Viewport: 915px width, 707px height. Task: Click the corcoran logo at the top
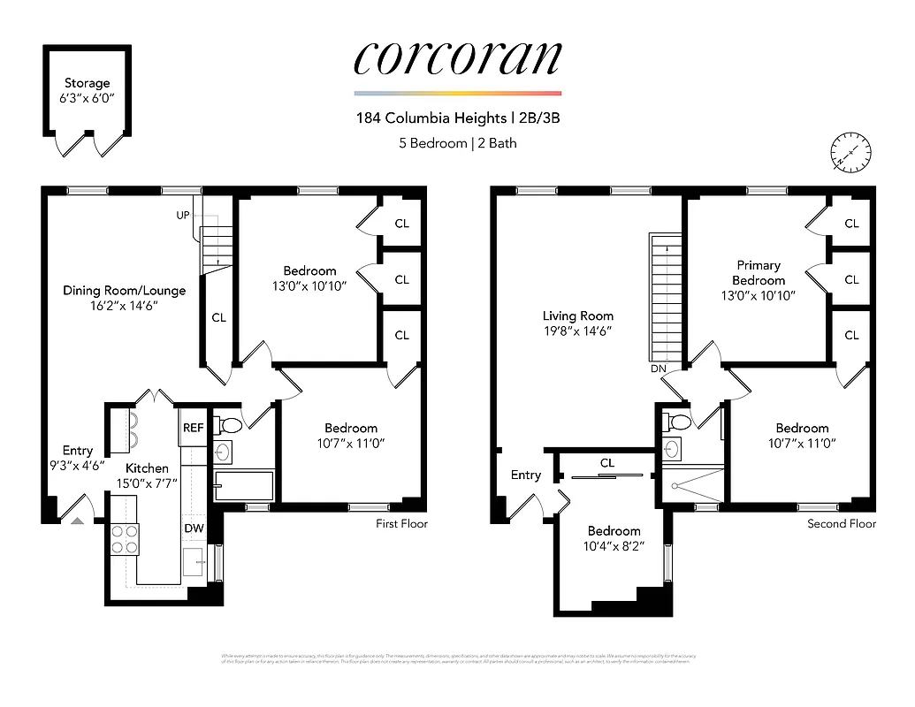click(x=457, y=57)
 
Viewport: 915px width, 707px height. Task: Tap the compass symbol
click(x=851, y=152)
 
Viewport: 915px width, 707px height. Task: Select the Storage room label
click(x=87, y=83)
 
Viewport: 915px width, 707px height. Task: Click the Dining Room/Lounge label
click(x=124, y=290)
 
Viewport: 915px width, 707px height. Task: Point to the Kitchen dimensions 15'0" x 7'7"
click(x=146, y=483)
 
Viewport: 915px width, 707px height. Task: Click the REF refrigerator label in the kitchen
click(x=193, y=428)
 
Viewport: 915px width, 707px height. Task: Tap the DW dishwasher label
click(x=194, y=528)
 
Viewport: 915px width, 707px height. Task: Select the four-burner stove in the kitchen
click(x=125, y=538)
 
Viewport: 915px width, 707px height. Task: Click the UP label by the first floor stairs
click(x=183, y=216)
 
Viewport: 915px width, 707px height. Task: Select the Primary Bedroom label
click(x=759, y=272)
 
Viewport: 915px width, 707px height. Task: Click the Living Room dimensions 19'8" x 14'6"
click(x=577, y=331)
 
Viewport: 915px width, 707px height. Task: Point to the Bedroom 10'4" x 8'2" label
click(x=614, y=538)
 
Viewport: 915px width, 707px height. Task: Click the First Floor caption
click(x=401, y=524)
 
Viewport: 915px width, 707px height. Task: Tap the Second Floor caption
click(x=841, y=524)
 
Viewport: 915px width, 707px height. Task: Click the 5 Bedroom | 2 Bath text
click(x=457, y=142)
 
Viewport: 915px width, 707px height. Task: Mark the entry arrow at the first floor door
click(x=77, y=521)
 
